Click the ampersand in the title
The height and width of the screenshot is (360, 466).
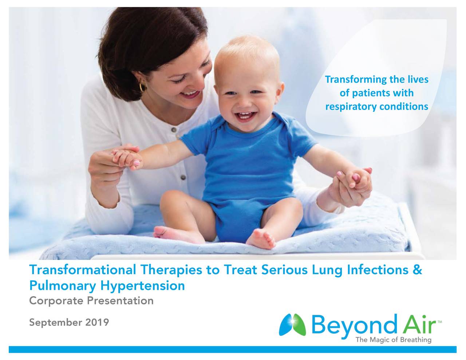418,270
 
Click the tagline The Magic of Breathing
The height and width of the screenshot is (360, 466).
393,340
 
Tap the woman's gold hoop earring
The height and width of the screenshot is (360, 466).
143,86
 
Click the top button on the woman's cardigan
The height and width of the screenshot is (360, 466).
174,130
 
